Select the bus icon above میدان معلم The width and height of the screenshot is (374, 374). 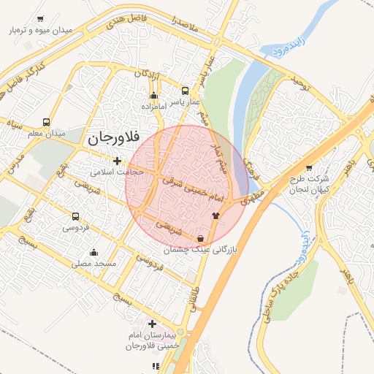[x=47, y=123]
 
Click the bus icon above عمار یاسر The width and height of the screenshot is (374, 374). [x=185, y=92]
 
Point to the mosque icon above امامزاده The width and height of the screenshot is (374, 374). [x=153, y=96]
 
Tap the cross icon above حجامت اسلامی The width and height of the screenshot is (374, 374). [x=117, y=161]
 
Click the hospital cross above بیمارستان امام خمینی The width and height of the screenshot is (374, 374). [x=152, y=324]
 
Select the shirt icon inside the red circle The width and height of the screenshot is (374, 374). [x=215, y=215]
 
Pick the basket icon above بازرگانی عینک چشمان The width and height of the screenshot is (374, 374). [x=201, y=239]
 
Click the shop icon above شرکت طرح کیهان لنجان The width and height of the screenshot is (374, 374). [x=309, y=168]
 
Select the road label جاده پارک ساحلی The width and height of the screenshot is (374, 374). [x=280, y=281]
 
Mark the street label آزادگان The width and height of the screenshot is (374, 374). [x=148, y=75]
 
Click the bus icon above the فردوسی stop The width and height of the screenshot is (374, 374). [x=75, y=216]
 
